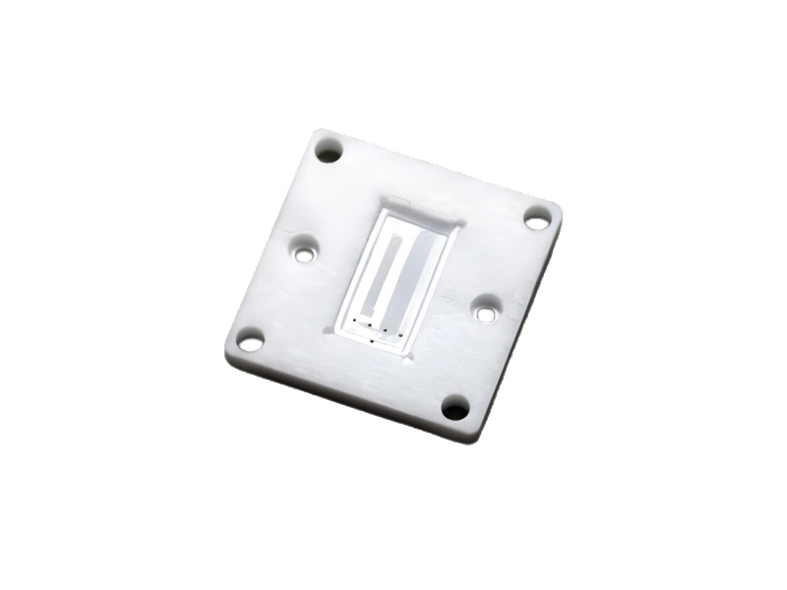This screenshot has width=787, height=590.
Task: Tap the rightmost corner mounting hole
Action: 537,218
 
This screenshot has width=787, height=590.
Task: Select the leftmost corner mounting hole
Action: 250,342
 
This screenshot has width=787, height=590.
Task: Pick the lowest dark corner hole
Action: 454,407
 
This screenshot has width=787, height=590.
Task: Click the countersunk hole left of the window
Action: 305,254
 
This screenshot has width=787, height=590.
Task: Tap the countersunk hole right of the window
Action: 483,312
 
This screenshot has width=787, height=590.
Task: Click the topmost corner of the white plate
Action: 317,130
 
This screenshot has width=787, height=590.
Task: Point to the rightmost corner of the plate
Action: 560,208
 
